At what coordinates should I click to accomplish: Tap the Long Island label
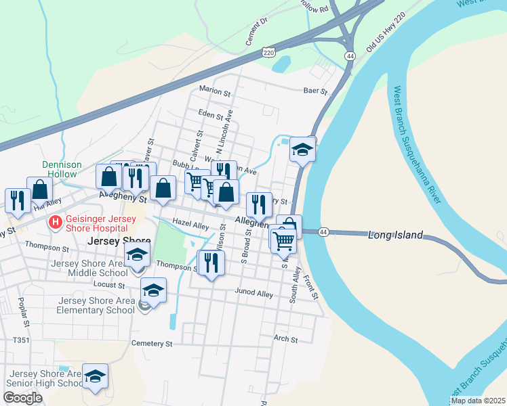395,235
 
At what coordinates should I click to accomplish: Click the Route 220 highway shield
270,52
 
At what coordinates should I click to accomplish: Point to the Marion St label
215,89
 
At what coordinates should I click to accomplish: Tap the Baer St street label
315,91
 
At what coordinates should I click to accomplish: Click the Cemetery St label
152,344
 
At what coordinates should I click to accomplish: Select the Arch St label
285,339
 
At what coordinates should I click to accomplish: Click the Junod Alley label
254,294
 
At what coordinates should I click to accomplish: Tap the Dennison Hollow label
62,169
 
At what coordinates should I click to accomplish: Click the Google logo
22,398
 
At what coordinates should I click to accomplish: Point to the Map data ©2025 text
478,401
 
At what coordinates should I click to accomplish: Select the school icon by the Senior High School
95,376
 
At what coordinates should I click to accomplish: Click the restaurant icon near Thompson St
210,263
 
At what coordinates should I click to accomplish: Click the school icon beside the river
302,150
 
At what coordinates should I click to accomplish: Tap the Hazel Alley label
190,223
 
